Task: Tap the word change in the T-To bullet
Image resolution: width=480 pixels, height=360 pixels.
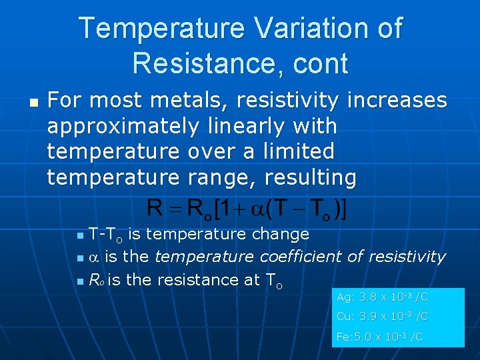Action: [281, 234]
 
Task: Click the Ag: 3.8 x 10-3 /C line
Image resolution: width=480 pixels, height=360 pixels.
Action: [382, 297]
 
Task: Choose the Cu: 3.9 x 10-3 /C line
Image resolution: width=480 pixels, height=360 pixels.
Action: [382, 317]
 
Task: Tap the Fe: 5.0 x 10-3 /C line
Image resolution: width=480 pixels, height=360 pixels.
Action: [379, 337]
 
